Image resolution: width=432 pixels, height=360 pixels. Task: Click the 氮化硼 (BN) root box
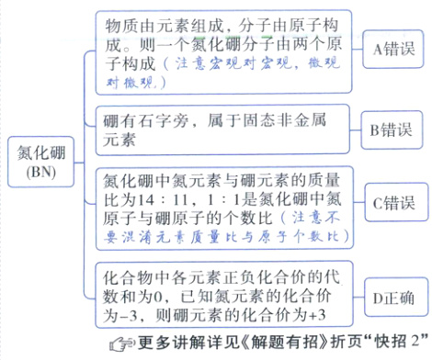click(x=39, y=158)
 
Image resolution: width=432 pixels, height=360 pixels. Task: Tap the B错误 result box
click(x=392, y=129)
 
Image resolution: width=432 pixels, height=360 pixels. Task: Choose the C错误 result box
click(x=392, y=199)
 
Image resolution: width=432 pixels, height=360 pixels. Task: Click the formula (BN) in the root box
click(x=39, y=172)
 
